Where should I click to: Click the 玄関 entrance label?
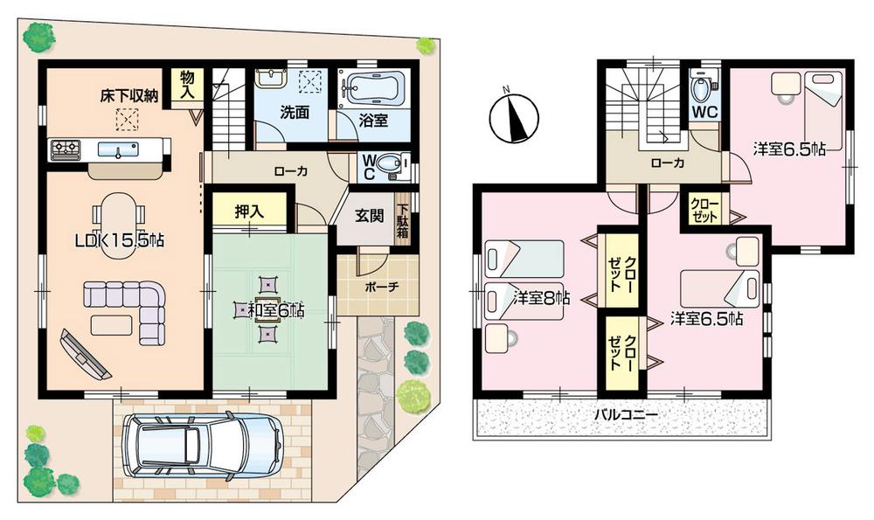369,217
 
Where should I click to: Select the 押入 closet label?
249,211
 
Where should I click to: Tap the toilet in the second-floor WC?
701,88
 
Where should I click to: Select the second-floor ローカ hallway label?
666,163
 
